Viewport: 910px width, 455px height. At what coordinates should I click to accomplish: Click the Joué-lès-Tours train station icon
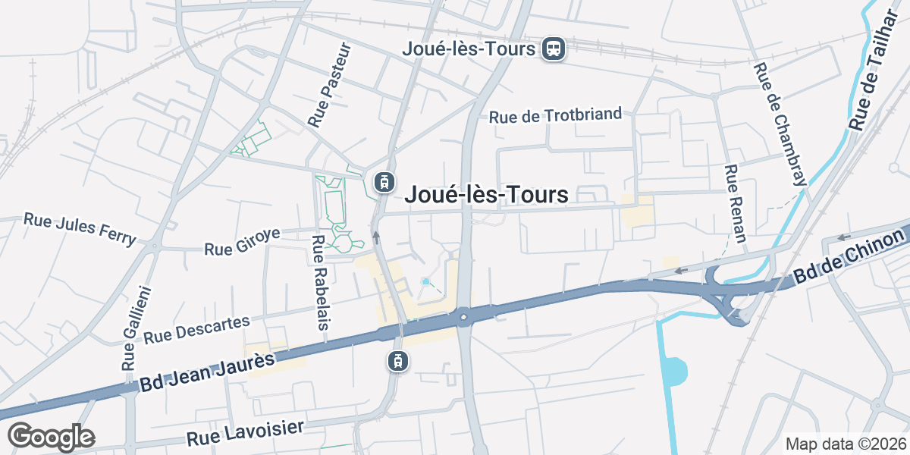pyautogui.click(x=554, y=49)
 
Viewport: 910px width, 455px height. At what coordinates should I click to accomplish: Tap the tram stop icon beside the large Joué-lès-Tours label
pyautogui.click(x=384, y=182)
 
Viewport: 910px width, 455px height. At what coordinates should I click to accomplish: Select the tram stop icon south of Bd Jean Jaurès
pyautogui.click(x=396, y=361)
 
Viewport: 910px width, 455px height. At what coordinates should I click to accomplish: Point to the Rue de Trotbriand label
pyautogui.click(x=555, y=116)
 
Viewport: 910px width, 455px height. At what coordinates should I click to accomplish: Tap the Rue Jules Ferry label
pyautogui.click(x=80, y=228)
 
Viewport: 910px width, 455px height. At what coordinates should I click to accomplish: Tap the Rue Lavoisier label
pyautogui.click(x=245, y=433)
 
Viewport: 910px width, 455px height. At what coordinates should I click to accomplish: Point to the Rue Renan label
pyautogui.click(x=736, y=203)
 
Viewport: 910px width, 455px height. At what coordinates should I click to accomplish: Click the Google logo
pyautogui.click(x=51, y=437)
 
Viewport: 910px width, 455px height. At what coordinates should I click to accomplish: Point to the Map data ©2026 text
pyautogui.click(x=846, y=444)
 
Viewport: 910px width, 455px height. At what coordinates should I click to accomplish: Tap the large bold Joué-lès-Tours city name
pyautogui.click(x=486, y=195)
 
